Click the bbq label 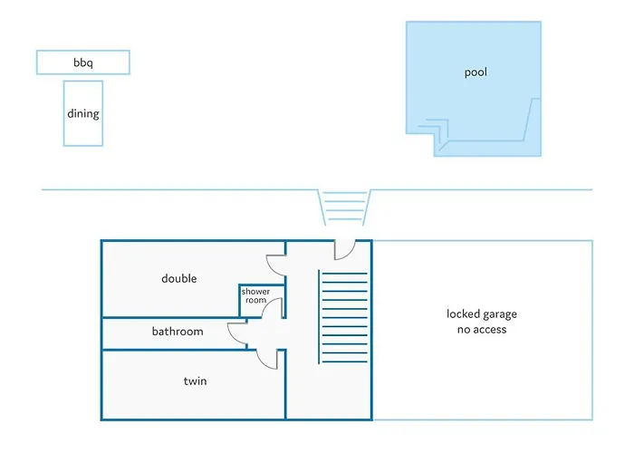coord(83,63)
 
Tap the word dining coord(83,113)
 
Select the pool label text coord(475,72)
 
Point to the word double coord(179,278)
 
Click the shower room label coord(255,295)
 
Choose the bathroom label coord(178,332)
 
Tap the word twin coord(196,381)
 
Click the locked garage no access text coord(482,322)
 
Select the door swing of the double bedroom coord(270,268)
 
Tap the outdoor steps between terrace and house coord(344,207)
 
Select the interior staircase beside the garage coord(343,317)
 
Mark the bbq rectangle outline coord(83,51)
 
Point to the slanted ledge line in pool coord(528,120)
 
